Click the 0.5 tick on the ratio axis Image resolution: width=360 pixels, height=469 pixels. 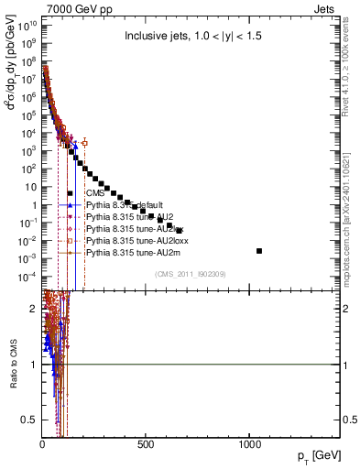29,420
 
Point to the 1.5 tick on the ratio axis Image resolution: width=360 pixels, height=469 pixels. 29,337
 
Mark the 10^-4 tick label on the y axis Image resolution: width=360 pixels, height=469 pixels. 27,277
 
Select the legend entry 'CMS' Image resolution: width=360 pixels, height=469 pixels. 94,193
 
